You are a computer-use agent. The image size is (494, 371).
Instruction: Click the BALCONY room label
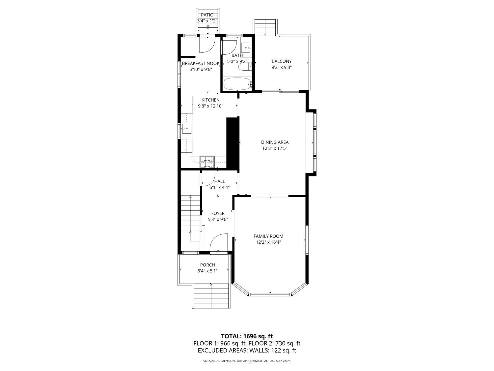coord(282,61)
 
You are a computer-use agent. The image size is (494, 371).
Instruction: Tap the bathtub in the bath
coord(237,84)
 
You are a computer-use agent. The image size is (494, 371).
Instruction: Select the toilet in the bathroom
coord(245,67)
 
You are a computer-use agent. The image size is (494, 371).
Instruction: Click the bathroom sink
coord(246,48)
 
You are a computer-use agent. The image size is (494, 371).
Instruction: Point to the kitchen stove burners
coord(207,161)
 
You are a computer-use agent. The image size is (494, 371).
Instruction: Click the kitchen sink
coord(186,128)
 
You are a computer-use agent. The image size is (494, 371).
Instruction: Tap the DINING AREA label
coord(275,142)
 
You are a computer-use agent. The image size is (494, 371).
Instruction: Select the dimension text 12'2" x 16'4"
coord(268,242)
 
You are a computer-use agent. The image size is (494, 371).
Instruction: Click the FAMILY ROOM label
coord(268,236)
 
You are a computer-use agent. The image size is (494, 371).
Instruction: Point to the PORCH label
coord(207,265)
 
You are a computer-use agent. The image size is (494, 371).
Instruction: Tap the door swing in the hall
coord(208,179)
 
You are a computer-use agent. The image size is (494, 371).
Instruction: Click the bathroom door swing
coord(229,47)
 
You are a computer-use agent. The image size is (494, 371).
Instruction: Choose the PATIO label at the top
coord(207,15)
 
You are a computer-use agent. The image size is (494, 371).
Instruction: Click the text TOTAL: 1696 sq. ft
coord(247,336)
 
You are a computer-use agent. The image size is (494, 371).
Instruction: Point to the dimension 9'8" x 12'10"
coord(210,106)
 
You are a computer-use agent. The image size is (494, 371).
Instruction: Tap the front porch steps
coord(211,296)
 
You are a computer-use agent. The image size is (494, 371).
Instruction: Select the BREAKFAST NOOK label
coord(201,63)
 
